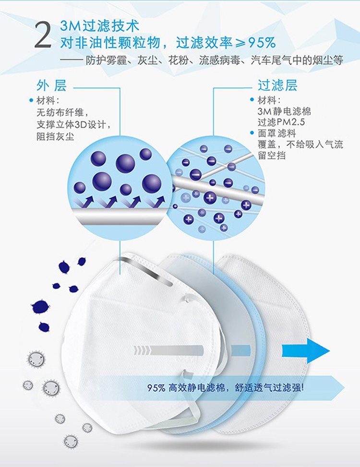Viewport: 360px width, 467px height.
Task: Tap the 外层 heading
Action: click(x=51, y=85)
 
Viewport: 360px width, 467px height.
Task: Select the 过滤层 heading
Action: click(x=277, y=85)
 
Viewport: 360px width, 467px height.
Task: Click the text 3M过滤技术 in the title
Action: click(x=99, y=26)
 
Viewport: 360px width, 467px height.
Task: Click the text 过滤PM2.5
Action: click(x=281, y=122)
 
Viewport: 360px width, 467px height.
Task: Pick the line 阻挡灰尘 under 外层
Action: click(x=55, y=136)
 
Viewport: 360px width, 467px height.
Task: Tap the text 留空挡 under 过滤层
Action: click(x=272, y=155)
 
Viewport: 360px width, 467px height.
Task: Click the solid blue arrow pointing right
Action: click(x=305, y=350)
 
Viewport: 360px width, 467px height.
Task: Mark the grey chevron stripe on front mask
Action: click(x=168, y=350)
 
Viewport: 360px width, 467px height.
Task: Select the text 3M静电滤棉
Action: click(x=284, y=111)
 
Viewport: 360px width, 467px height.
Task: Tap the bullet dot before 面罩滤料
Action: click(x=252, y=133)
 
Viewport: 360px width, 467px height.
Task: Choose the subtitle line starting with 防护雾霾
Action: click(x=214, y=60)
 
